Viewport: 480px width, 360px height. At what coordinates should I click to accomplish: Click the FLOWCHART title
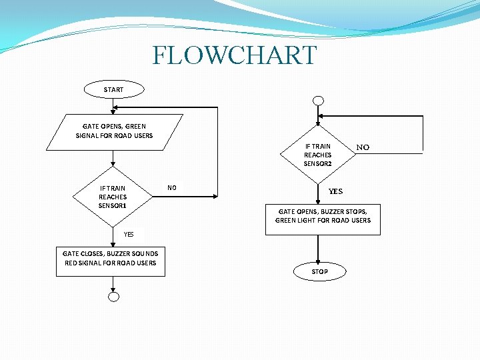coord(234,55)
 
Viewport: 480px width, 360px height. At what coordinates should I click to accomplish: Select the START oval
coord(113,89)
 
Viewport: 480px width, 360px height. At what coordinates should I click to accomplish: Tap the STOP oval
coord(320,271)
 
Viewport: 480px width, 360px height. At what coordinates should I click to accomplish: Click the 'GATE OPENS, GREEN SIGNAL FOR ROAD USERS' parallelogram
coord(114,131)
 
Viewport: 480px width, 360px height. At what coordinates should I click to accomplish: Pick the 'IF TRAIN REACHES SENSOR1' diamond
coord(113,197)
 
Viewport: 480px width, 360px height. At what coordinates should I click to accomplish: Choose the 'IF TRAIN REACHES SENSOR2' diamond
coord(318,155)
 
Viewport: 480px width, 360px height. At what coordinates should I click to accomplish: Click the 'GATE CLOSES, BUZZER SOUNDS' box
coord(111,258)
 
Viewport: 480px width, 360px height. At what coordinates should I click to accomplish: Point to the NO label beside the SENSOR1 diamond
coord(172,188)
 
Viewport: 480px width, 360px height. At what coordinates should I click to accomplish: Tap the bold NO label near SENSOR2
coord(363,147)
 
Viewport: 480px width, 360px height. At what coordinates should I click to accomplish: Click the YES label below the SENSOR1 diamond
coord(129,234)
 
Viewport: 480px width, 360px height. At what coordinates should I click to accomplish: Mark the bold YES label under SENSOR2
coord(335,191)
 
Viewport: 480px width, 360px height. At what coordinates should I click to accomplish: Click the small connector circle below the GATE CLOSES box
coord(113,297)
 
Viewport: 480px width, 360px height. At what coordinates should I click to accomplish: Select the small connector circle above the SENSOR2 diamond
coord(319,101)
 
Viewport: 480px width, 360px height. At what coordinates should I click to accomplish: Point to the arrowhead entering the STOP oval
coord(320,262)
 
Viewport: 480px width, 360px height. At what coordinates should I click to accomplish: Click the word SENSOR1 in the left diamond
coord(113,205)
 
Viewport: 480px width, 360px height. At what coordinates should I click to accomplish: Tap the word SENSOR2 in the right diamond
coord(317,163)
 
